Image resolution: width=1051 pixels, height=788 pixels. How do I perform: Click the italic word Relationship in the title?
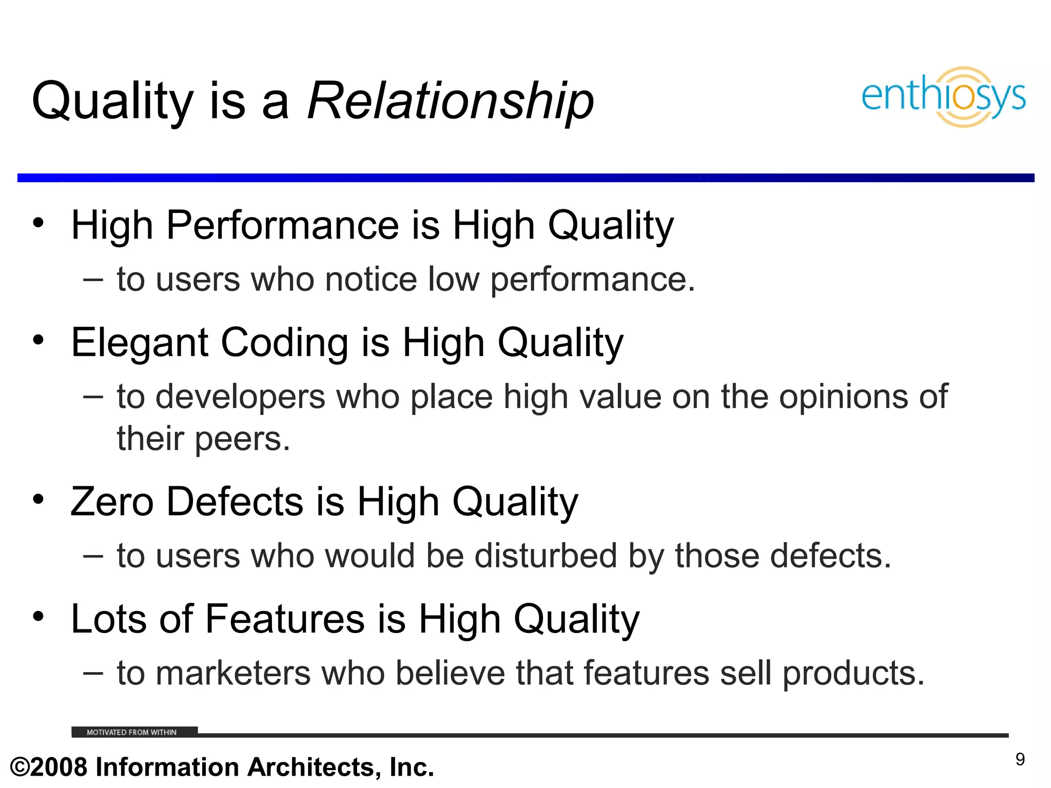(x=451, y=101)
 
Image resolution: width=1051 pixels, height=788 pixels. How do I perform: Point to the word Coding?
(x=285, y=343)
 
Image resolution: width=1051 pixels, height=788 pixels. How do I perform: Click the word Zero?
(x=112, y=502)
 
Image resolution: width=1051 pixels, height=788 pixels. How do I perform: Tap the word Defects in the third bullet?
(x=235, y=502)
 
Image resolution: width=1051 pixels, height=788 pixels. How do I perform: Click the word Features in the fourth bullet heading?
(x=285, y=619)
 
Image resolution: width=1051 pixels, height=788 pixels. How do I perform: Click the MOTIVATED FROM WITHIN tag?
(x=132, y=732)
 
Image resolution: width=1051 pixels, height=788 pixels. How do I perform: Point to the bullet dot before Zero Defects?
(x=38, y=499)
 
